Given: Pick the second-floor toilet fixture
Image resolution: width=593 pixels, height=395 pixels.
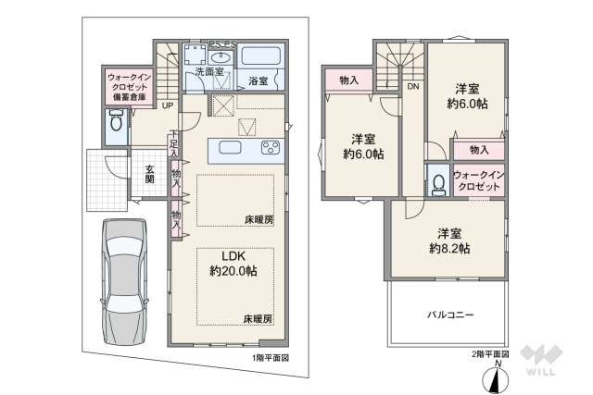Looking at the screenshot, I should click(x=437, y=182).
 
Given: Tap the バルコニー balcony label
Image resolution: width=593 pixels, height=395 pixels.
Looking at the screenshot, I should click(x=450, y=315).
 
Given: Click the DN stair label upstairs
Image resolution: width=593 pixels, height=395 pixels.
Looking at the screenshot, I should click(x=412, y=86).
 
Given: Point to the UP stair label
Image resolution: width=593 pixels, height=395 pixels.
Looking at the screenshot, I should click(x=167, y=105).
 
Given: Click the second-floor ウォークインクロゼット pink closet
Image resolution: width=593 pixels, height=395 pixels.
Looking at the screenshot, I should click(x=478, y=181).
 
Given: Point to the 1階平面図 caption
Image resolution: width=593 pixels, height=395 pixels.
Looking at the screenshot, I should click(x=271, y=356).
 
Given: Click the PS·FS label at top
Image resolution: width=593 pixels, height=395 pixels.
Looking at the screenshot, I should click(x=221, y=42).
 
